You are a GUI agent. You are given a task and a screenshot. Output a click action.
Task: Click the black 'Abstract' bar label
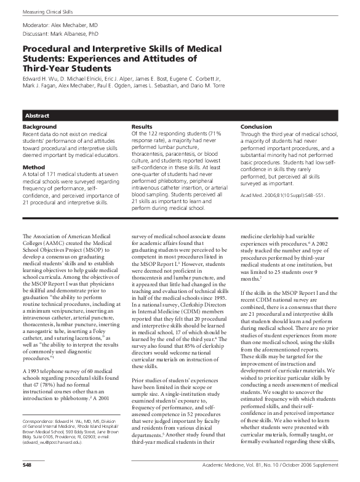[37, 116]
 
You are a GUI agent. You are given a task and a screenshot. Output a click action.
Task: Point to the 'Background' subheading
[39, 127]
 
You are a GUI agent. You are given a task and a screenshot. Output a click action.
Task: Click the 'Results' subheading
[142, 127]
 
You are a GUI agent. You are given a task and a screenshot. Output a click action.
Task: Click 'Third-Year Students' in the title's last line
[68, 69]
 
